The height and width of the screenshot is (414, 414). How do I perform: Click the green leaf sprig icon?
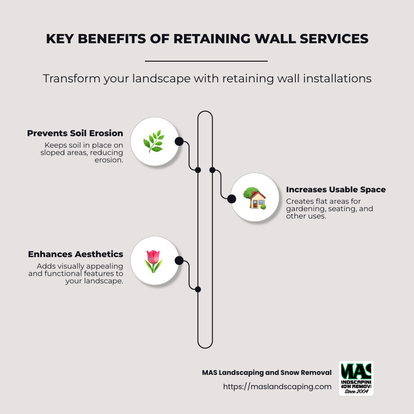[x=154, y=141]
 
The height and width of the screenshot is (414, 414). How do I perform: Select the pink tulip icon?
[x=153, y=261]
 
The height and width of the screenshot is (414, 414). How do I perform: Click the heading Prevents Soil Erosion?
[x=75, y=133]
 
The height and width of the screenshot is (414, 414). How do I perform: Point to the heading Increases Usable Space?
[x=336, y=190]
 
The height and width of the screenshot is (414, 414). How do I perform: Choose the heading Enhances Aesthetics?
[x=75, y=254]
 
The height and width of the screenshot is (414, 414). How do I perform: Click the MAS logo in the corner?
[x=356, y=378]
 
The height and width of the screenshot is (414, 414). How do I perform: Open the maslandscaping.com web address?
[x=277, y=387]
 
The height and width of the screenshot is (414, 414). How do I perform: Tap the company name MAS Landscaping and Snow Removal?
[x=267, y=373]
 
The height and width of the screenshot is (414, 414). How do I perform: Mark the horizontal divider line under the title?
[x=206, y=61]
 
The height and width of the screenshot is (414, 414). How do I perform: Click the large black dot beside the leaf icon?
[x=179, y=141]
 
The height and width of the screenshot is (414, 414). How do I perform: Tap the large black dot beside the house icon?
[x=232, y=198]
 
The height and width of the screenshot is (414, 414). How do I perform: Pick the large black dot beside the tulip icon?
[x=179, y=261]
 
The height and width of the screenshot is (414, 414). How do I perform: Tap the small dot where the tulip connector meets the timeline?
[x=198, y=289]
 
